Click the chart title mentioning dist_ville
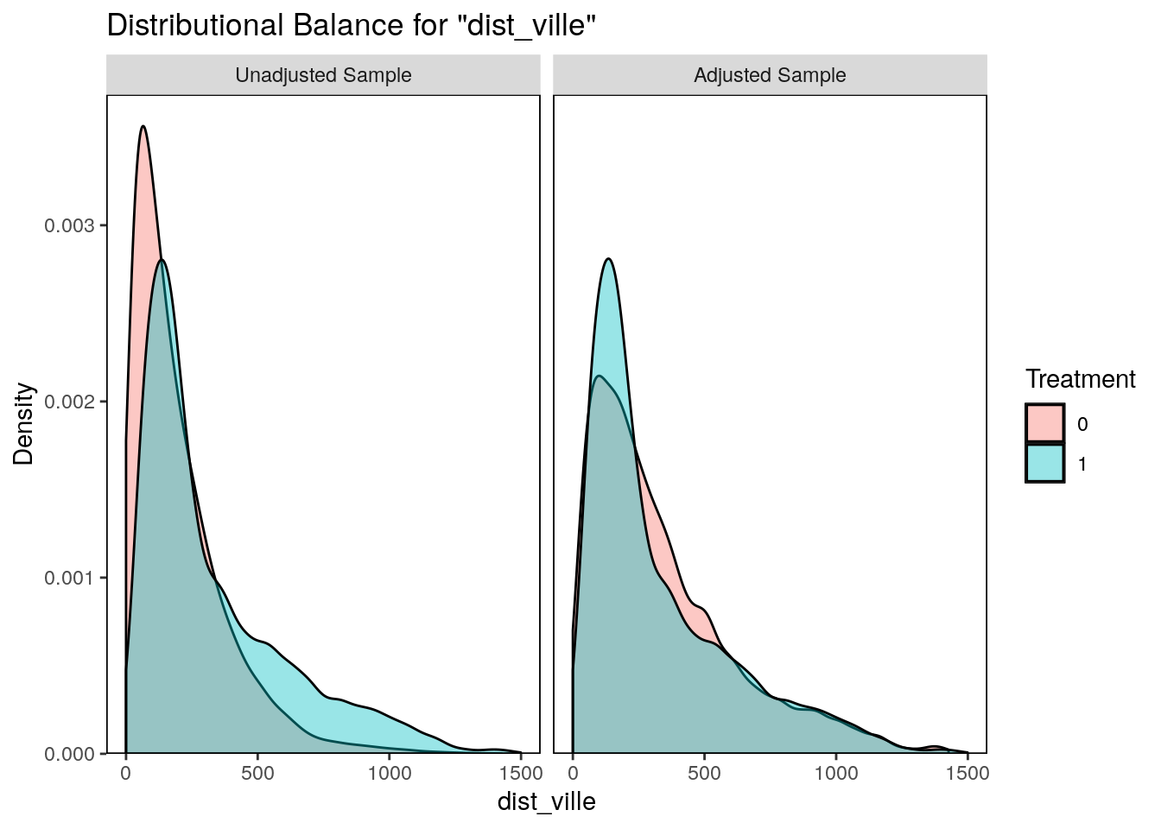click(x=352, y=26)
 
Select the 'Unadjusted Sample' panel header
click(x=323, y=75)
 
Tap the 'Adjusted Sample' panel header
click(x=770, y=75)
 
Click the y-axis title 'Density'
click(x=24, y=424)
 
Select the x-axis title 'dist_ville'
click(x=546, y=801)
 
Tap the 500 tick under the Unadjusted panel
click(x=257, y=773)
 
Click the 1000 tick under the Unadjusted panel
click(x=389, y=773)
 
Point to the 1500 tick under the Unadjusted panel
click(x=520, y=773)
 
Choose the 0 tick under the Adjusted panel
click(x=573, y=773)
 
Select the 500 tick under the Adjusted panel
click(x=704, y=773)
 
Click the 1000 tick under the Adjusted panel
click(x=835, y=773)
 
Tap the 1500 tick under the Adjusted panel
click(x=967, y=773)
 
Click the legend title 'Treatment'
click(x=1080, y=379)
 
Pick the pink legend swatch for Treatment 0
click(x=1045, y=424)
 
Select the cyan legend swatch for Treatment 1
click(x=1045, y=464)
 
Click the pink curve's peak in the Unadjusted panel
click(x=143, y=127)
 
